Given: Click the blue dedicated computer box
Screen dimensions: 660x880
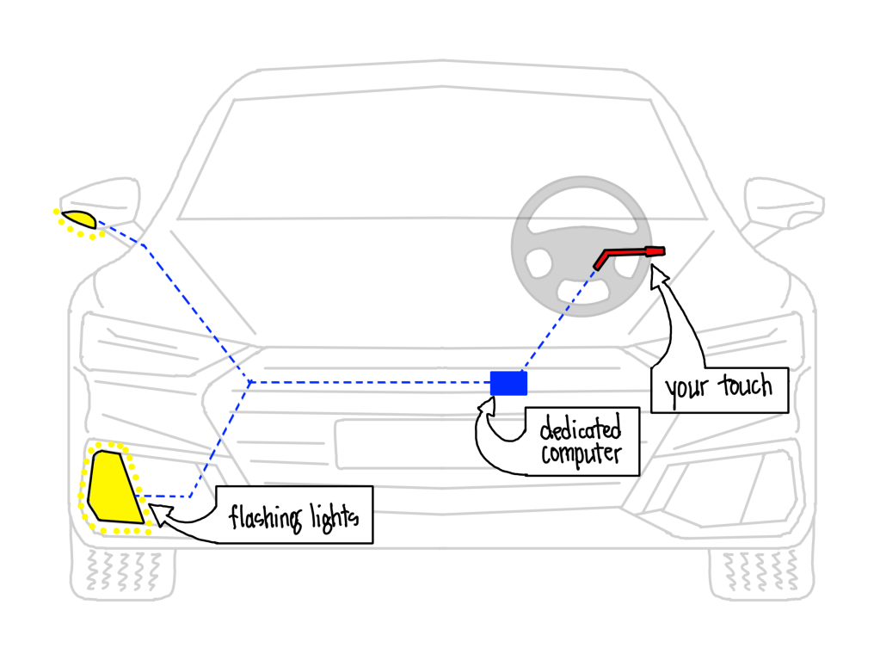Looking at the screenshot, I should [x=508, y=383].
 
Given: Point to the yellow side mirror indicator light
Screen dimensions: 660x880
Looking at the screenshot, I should [x=77, y=219].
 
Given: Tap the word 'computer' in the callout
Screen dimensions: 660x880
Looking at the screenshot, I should [x=580, y=453].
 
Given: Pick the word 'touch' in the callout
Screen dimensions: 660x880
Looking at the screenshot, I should [x=743, y=386].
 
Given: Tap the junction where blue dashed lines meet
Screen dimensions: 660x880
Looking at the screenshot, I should [x=249, y=381].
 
